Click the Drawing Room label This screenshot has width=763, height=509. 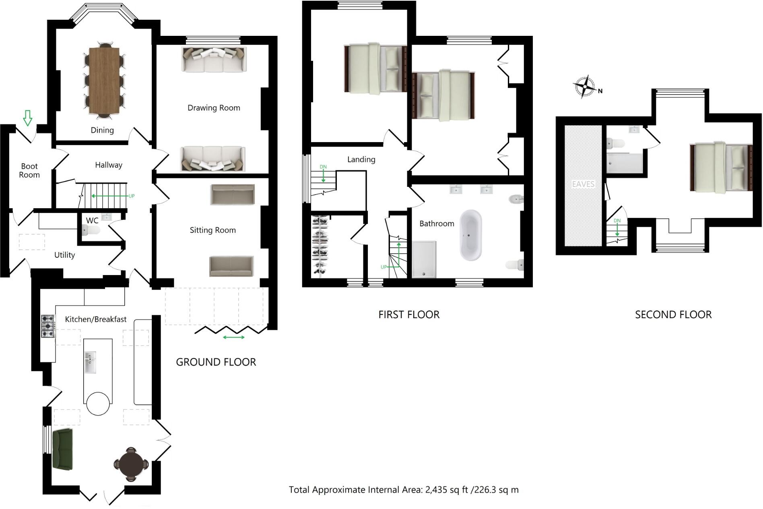coord(214,108)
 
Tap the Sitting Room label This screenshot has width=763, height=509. coord(212,230)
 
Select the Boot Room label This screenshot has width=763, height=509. coord(30,170)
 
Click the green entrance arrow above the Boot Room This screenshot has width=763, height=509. coord(27,118)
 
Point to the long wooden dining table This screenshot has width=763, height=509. coord(104,81)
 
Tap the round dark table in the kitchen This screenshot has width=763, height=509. coord(131,464)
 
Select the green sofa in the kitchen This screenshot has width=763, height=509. coord(62,449)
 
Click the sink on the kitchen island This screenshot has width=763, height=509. coord(90,362)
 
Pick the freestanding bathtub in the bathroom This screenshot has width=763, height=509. coord(470,235)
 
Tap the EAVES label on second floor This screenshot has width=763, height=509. coord(583,184)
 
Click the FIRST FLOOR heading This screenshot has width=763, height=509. coord(409,315)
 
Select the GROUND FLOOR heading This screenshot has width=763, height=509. coord(216,362)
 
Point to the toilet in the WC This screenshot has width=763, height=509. coord(91,230)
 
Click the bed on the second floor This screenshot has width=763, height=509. coord(720,167)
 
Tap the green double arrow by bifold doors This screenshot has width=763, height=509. coord(234,337)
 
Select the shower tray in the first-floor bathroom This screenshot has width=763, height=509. coord(424,259)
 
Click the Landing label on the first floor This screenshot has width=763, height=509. coord(361,160)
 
